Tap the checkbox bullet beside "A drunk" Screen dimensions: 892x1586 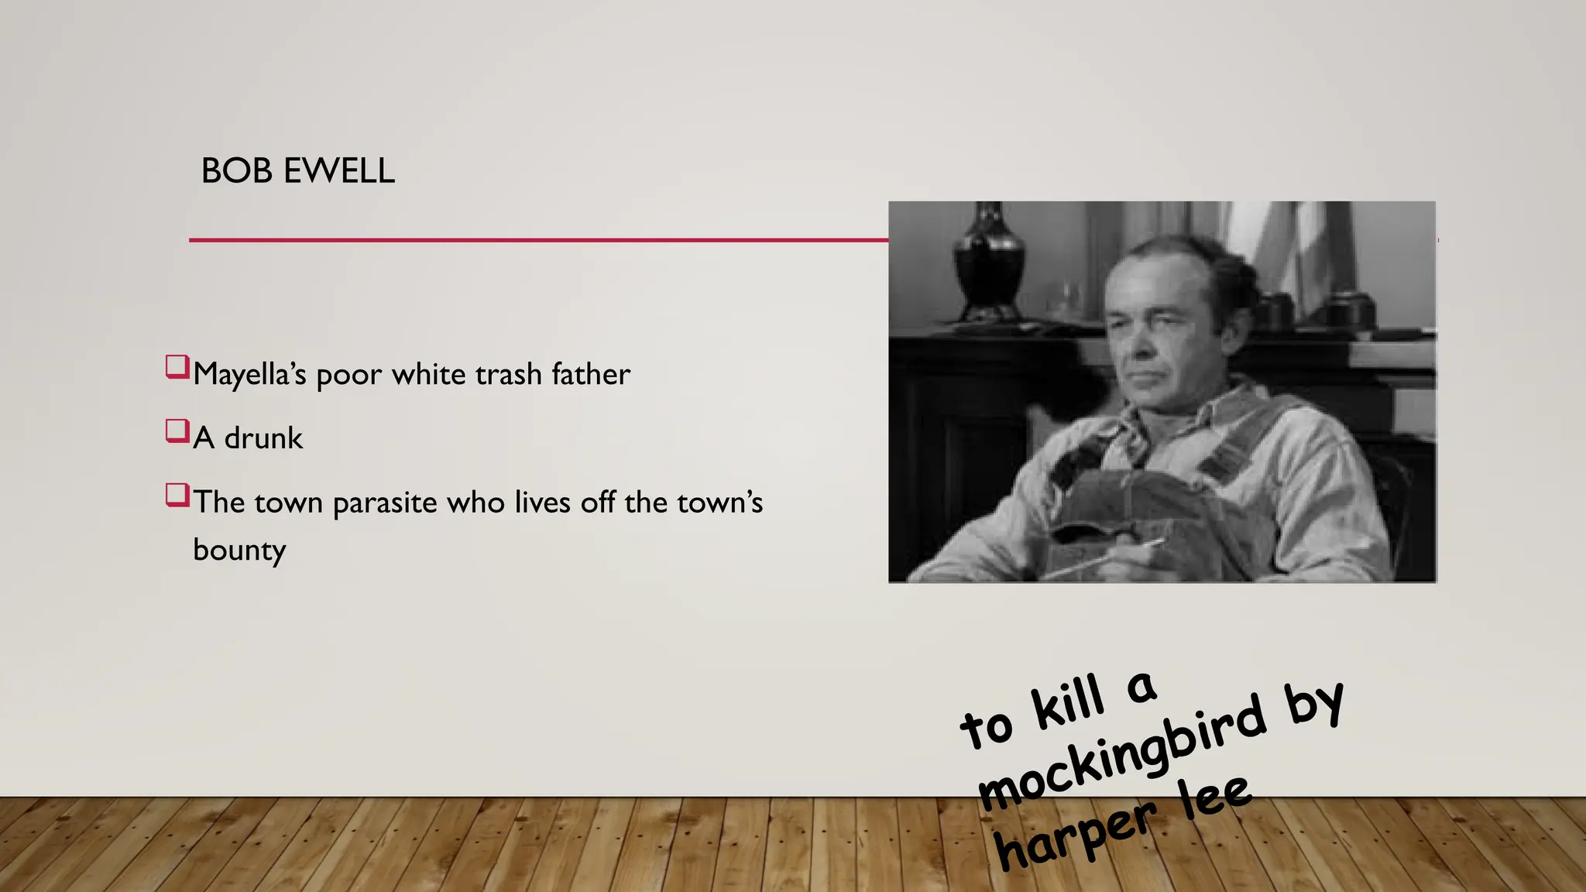tap(177, 431)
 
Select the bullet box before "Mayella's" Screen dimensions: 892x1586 tap(177, 367)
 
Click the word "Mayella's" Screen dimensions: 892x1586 tap(249, 375)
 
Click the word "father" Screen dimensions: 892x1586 tap(591, 375)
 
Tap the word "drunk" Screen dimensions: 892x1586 tap(263, 439)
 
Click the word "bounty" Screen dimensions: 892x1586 tap(239, 551)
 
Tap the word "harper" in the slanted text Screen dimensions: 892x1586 tap(1076, 835)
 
